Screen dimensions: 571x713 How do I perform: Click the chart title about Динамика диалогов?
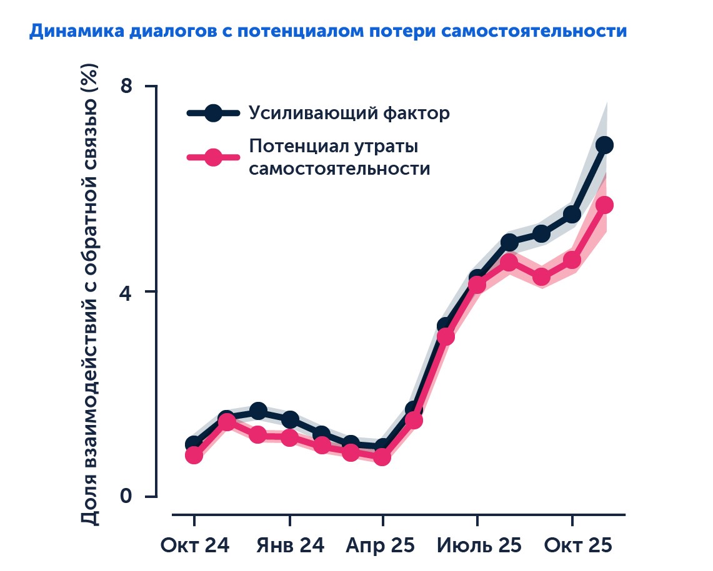tap(327, 31)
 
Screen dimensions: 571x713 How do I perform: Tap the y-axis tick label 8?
tap(127, 85)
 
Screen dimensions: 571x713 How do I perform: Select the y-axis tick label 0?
tap(127, 497)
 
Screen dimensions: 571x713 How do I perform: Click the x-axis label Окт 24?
tap(194, 545)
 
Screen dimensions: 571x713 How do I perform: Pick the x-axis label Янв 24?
tap(290, 545)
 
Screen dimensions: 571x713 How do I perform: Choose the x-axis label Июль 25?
tap(478, 545)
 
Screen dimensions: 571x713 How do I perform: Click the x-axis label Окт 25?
tap(577, 545)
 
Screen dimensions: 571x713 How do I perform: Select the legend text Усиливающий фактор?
tap(349, 114)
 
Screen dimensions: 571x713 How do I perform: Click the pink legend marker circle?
tap(213, 157)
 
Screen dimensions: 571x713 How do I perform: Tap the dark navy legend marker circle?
tap(213, 113)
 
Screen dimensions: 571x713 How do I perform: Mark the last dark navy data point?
tap(604, 145)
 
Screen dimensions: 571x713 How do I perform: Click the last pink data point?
tap(604, 205)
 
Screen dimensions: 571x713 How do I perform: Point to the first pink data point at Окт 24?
tap(194, 455)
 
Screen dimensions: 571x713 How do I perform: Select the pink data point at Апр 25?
tap(382, 457)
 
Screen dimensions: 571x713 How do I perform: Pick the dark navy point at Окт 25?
tap(572, 215)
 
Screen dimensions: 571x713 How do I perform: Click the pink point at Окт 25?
tap(572, 260)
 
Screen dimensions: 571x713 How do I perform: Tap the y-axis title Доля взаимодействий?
tap(91, 293)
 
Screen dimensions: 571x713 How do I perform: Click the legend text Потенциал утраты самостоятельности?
tap(339, 157)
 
